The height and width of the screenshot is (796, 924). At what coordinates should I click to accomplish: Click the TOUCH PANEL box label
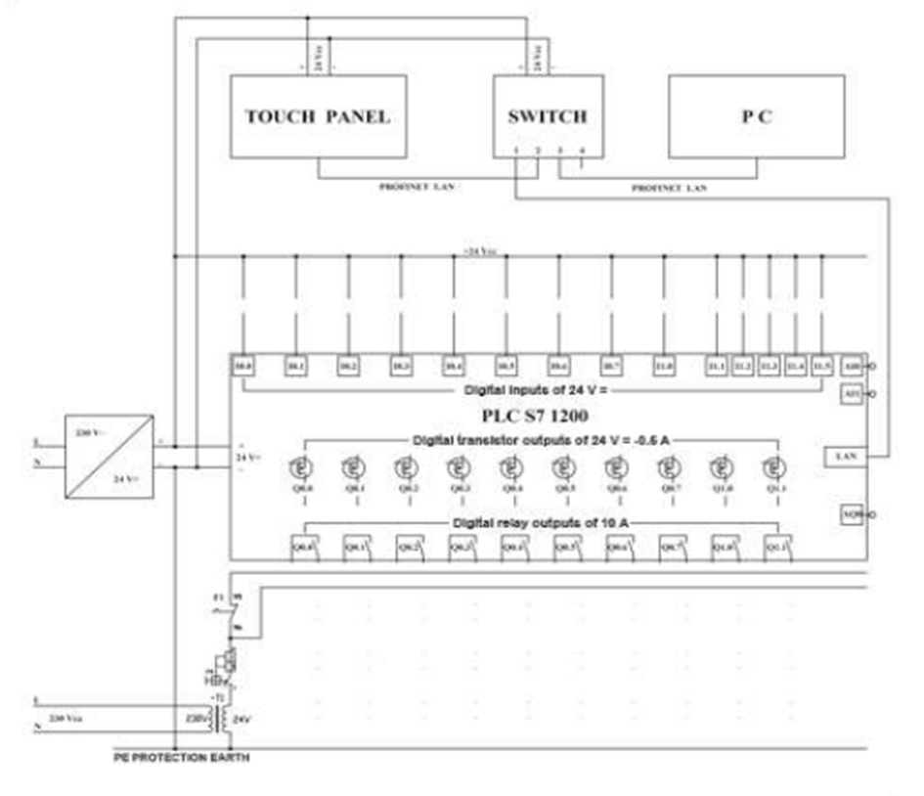pyautogui.click(x=317, y=116)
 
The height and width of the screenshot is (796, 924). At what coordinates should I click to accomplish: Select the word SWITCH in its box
pyautogui.click(x=548, y=116)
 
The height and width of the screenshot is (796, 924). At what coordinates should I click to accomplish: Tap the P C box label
pyautogui.click(x=755, y=116)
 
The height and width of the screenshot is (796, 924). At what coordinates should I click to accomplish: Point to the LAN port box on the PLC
pyautogui.click(x=845, y=455)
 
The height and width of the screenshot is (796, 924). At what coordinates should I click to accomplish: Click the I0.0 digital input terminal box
pyautogui.click(x=242, y=366)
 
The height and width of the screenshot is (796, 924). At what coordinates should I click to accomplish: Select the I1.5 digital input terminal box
pyautogui.click(x=821, y=366)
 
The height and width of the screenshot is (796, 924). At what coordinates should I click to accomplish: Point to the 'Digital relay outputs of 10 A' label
pyautogui.click(x=539, y=523)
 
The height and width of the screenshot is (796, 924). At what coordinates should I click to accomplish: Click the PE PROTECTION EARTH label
pyautogui.click(x=181, y=758)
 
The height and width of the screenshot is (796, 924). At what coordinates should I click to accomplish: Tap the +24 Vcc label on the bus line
pyautogui.click(x=480, y=251)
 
